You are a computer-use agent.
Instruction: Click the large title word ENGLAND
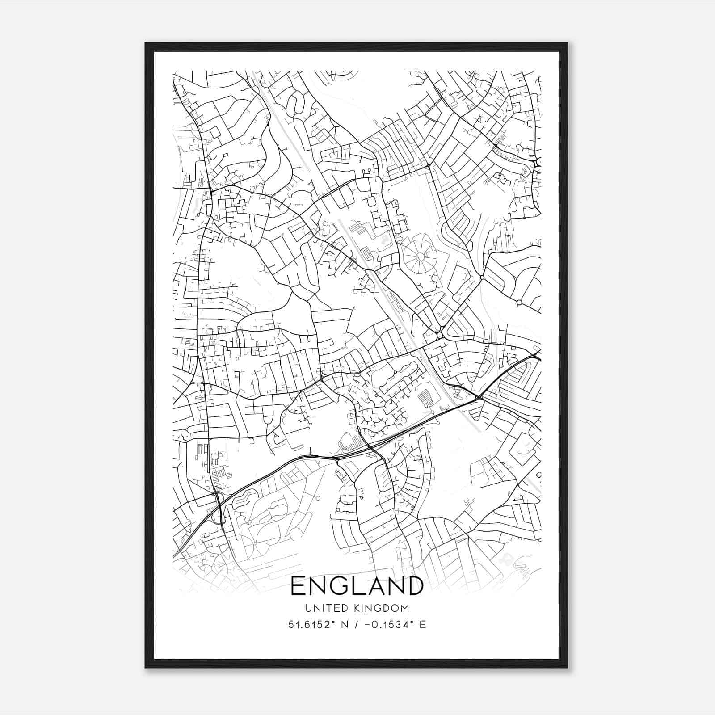(x=357, y=586)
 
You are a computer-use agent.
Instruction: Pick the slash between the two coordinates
(x=354, y=625)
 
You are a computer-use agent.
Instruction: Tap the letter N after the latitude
(x=344, y=625)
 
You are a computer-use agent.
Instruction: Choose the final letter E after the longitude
(x=422, y=625)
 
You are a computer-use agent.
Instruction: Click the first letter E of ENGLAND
(x=298, y=586)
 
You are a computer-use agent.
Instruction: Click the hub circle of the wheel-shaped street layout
(x=420, y=257)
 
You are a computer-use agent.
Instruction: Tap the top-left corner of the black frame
(x=146, y=44)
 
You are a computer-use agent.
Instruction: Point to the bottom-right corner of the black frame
(x=568, y=668)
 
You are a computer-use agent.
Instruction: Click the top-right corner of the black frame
(x=568, y=44)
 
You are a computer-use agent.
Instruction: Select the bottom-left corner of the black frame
(x=146, y=668)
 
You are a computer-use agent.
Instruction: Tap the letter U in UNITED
(x=307, y=608)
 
